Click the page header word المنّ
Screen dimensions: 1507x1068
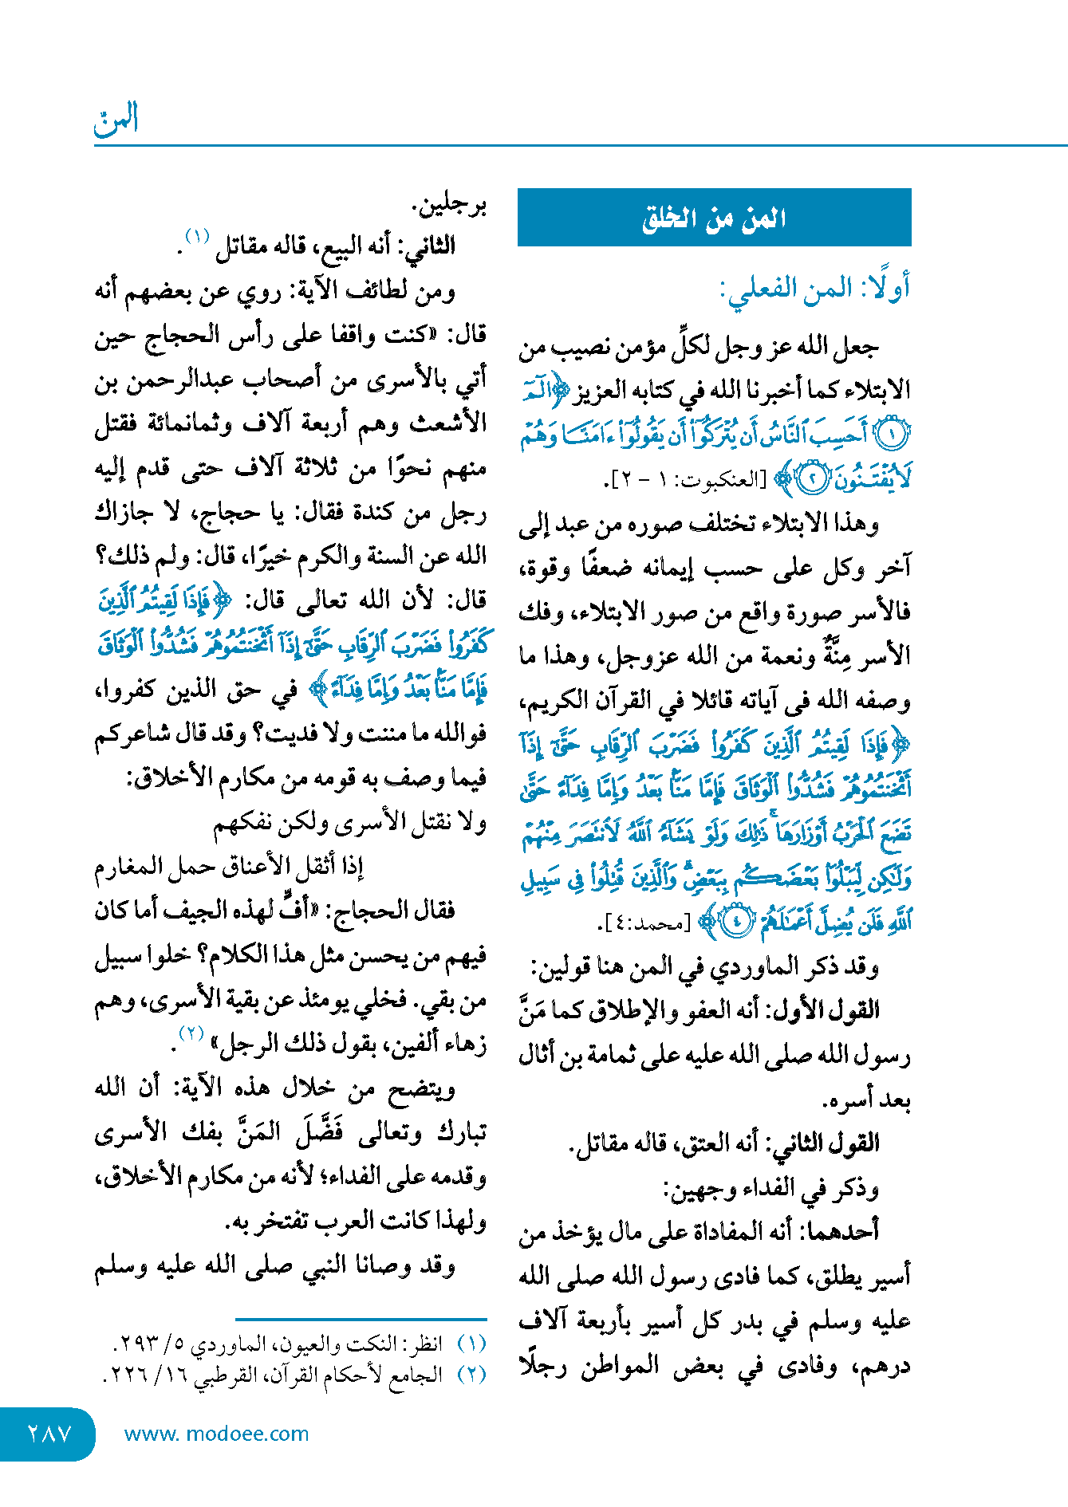pyautogui.click(x=116, y=120)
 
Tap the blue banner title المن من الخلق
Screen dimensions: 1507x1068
pyautogui.click(x=714, y=218)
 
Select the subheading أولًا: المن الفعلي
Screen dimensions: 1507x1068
pyautogui.click(x=814, y=288)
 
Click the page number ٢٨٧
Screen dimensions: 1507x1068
pyautogui.click(x=49, y=1434)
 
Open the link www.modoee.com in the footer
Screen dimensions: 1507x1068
pyautogui.click(x=216, y=1434)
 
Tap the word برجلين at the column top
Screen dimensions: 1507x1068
pyautogui.click(x=450, y=206)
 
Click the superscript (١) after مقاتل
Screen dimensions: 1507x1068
pyautogui.click(x=196, y=237)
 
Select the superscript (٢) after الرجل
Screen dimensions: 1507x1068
pyautogui.click(x=191, y=1034)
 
